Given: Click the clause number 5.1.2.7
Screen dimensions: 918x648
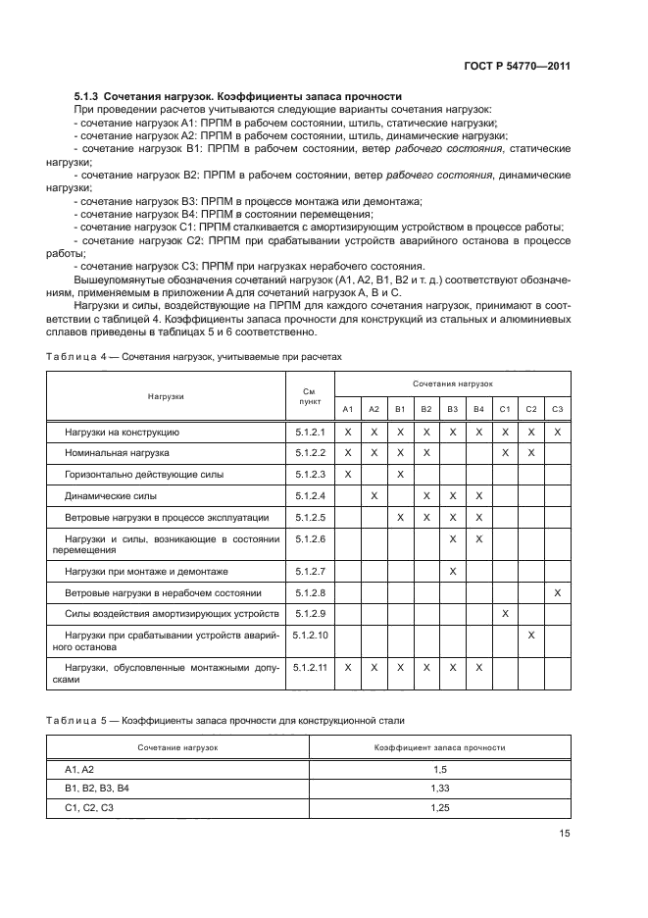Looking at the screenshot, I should (310, 571).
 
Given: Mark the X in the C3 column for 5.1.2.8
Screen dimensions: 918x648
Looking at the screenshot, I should (557, 592).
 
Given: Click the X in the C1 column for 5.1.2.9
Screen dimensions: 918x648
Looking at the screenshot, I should (505, 613).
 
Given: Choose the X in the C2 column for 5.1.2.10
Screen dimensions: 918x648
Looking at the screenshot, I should (531, 636).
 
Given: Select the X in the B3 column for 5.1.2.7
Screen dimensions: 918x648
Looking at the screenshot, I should (452, 571).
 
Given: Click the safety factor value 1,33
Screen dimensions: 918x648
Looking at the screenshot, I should (439, 788).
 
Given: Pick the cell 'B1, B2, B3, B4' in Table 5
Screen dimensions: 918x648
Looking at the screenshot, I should (97, 788).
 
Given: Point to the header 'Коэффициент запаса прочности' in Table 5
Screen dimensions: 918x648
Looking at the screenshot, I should (439, 747).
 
